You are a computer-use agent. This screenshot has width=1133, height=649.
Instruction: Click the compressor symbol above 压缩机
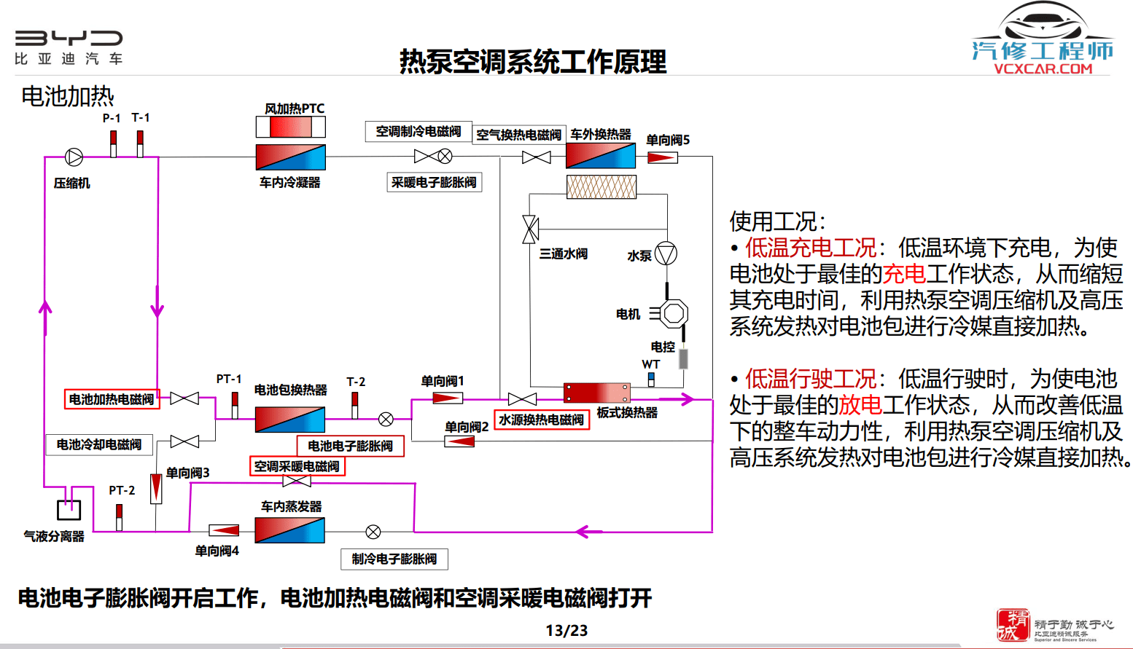pos(74,157)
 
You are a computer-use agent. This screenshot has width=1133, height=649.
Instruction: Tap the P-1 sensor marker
pos(113,143)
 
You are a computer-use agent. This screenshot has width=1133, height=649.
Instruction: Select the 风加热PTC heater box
pos(291,127)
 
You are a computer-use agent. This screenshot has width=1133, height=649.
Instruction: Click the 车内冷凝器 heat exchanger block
pos(290,157)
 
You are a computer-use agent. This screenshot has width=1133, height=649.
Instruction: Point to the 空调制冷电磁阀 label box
pos(418,131)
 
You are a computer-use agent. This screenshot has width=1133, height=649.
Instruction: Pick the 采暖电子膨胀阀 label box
pos(434,182)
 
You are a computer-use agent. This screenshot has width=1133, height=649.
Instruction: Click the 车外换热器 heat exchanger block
pos(601,156)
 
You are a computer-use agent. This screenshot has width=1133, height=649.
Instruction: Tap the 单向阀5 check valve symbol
pos(662,157)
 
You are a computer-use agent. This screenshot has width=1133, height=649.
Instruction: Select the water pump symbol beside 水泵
pos(666,253)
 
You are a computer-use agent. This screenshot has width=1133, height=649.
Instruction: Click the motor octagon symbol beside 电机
pos(673,314)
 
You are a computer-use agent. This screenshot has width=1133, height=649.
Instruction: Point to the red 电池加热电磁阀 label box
pos(112,399)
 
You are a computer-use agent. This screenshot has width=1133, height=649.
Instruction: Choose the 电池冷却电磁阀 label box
pos(99,444)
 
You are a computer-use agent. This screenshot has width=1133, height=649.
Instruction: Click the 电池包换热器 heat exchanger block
pos(289,420)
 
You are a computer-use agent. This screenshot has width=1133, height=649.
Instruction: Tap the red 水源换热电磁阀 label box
pos(541,420)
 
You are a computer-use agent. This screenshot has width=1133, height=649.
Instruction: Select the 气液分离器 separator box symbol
pos(69,509)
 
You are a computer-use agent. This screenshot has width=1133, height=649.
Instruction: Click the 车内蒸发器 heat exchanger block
pos(289,530)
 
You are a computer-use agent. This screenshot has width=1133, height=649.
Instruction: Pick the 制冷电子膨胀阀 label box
pos(394,559)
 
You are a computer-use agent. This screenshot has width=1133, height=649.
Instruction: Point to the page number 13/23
pos(566,631)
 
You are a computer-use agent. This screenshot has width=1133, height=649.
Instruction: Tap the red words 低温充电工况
pos(811,248)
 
